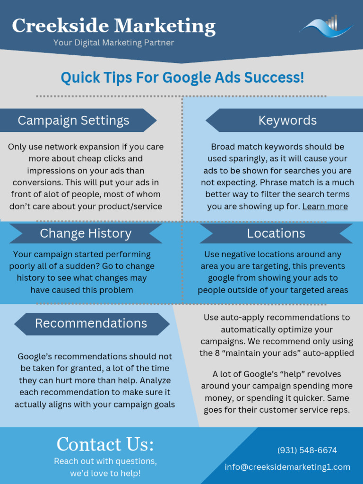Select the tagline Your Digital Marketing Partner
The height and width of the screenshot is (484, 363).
(x=113, y=43)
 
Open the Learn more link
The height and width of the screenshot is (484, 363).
(x=325, y=207)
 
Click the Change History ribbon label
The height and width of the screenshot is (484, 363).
(x=86, y=233)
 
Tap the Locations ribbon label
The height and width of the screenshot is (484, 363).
(x=276, y=233)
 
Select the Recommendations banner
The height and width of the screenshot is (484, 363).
(x=91, y=323)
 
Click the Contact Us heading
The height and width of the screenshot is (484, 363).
(x=105, y=444)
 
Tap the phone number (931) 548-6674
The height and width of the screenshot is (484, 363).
(x=307, y=450)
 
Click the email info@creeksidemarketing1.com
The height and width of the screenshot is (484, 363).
(x=287, y=467)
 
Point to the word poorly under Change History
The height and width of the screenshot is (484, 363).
(x=22, y=266)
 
